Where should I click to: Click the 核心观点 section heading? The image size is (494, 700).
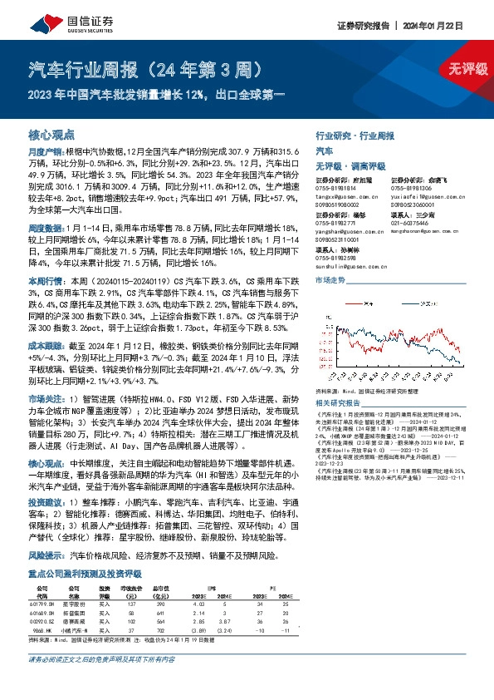pos(51,134)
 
